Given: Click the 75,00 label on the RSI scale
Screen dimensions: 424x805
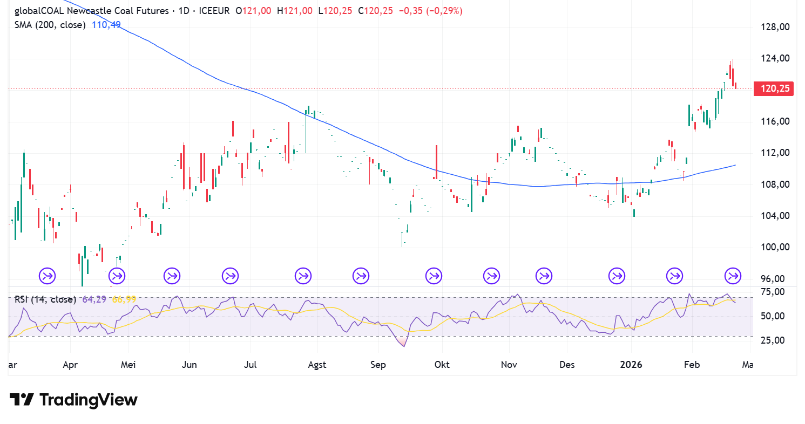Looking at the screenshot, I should tap(772, 292).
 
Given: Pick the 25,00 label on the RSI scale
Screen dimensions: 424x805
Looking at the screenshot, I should tap(772, 340).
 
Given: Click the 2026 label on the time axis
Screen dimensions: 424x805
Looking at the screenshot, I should tap(631, 365).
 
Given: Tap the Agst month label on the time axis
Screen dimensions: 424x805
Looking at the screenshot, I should tap(317, 365).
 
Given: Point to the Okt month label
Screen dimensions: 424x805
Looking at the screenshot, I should tap(442, 365).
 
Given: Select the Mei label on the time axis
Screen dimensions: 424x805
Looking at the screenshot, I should tap(128, 365).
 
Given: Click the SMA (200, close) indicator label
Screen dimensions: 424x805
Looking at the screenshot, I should tap(50, 25).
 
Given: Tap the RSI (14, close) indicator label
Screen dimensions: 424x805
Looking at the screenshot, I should tap(44, 299).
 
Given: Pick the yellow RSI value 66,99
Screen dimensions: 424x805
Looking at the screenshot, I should tap(124, 299).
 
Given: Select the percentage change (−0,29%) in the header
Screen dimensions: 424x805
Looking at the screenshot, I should tap(444, 11).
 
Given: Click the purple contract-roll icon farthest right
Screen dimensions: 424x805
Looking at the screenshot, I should tap(733, 276).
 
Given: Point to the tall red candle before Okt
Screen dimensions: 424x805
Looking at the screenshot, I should tap(436, 161).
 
